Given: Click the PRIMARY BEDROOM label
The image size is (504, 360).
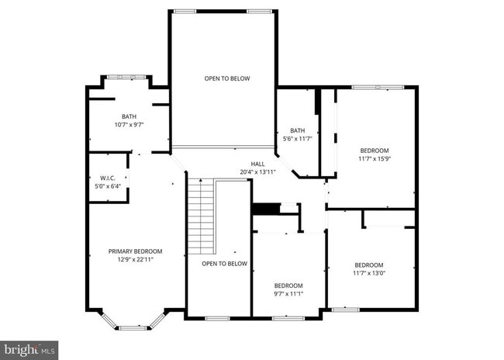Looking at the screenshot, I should click(135, 251).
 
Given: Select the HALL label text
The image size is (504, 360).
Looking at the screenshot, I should click(257, 164).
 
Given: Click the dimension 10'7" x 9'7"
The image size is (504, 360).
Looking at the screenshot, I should click(129, 124).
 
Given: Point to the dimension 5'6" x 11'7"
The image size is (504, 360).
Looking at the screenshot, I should click(297, 138).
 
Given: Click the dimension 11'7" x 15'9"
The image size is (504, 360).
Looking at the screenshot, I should click(375, 158).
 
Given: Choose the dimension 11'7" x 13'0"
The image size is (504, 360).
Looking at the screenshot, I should click(368, 273).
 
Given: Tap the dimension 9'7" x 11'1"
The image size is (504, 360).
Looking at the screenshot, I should click(288, 293).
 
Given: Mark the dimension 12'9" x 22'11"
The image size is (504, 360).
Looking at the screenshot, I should click(135, 260).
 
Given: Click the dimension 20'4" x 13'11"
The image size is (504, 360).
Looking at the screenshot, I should click(257, 171).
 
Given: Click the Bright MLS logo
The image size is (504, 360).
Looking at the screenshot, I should click(29, 349).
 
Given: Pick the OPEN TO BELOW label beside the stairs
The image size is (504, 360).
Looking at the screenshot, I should click(224, 264).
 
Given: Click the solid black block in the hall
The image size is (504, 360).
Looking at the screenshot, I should click(265, 209).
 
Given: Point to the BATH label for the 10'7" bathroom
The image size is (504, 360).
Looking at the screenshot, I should click(129, 116).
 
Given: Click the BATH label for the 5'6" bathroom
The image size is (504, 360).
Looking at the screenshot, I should click(297, 130).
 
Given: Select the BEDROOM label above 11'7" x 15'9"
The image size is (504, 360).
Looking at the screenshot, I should click(375, 151).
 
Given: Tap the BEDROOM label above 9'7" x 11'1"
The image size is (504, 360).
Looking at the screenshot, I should click(288, 285).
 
